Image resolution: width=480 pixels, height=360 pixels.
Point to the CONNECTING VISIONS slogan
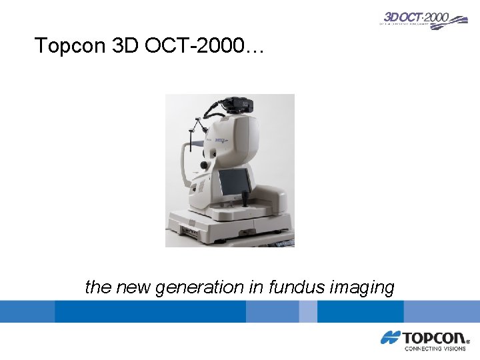pyautogui.click(x=435, y=348)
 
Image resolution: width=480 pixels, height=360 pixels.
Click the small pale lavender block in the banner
pyautogui.click(x=307, y=311)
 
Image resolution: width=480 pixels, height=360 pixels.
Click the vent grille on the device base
pyautogui.click(x=192, y=223)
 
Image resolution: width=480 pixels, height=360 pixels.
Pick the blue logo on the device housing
pyautogui.click(x=221, y=141)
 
